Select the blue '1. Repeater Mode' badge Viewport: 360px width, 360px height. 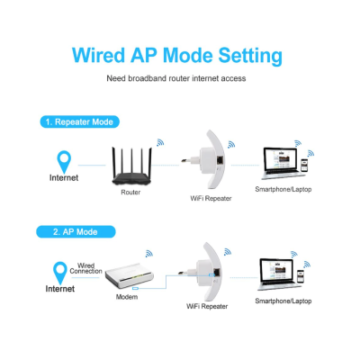pyautogui.click(x=79, y=121)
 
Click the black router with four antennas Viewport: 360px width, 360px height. pyautogui.click(x=130, y=166)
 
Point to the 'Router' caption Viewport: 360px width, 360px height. pyautogui.click(x=130, y=192)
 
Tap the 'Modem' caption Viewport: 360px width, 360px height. pyautogui.click(x=127, y=296)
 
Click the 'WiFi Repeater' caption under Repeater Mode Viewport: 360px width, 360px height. pyautogui.click(x=210, y=196)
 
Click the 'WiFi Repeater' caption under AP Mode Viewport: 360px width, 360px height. pyautogui.click(x=206, y=307)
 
